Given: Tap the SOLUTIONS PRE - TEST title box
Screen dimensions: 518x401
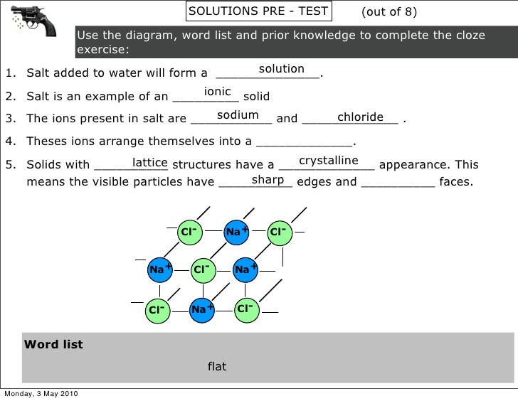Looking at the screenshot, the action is click(258, 11).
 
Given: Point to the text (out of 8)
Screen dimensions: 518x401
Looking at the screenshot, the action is click(389, 12).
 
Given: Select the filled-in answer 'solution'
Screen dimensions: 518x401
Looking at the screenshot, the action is click(281, 69).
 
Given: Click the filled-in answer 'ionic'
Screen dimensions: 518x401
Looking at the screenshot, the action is click(217, 92).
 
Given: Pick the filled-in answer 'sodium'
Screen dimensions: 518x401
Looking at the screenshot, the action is click(238, 115).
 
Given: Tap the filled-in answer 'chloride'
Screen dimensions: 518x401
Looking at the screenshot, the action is click(360, 117).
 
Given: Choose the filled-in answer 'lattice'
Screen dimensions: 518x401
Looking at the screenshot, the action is click(149, 163).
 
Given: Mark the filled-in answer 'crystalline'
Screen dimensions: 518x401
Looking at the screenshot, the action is click(328, 161).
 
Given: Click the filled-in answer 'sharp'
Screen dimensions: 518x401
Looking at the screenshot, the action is click(268, 180).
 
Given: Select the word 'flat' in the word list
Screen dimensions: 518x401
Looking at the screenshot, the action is click(217, 367).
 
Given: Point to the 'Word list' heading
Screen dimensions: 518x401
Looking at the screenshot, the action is click(54, 345).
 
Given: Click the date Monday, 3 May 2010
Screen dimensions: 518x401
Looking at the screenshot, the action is click(41, 395).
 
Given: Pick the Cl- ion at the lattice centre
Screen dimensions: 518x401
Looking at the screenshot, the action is click(203, 269).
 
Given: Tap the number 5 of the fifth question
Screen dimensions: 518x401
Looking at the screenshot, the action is click(9, 165).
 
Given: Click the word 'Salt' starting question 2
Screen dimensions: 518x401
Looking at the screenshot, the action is click(39, 96).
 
